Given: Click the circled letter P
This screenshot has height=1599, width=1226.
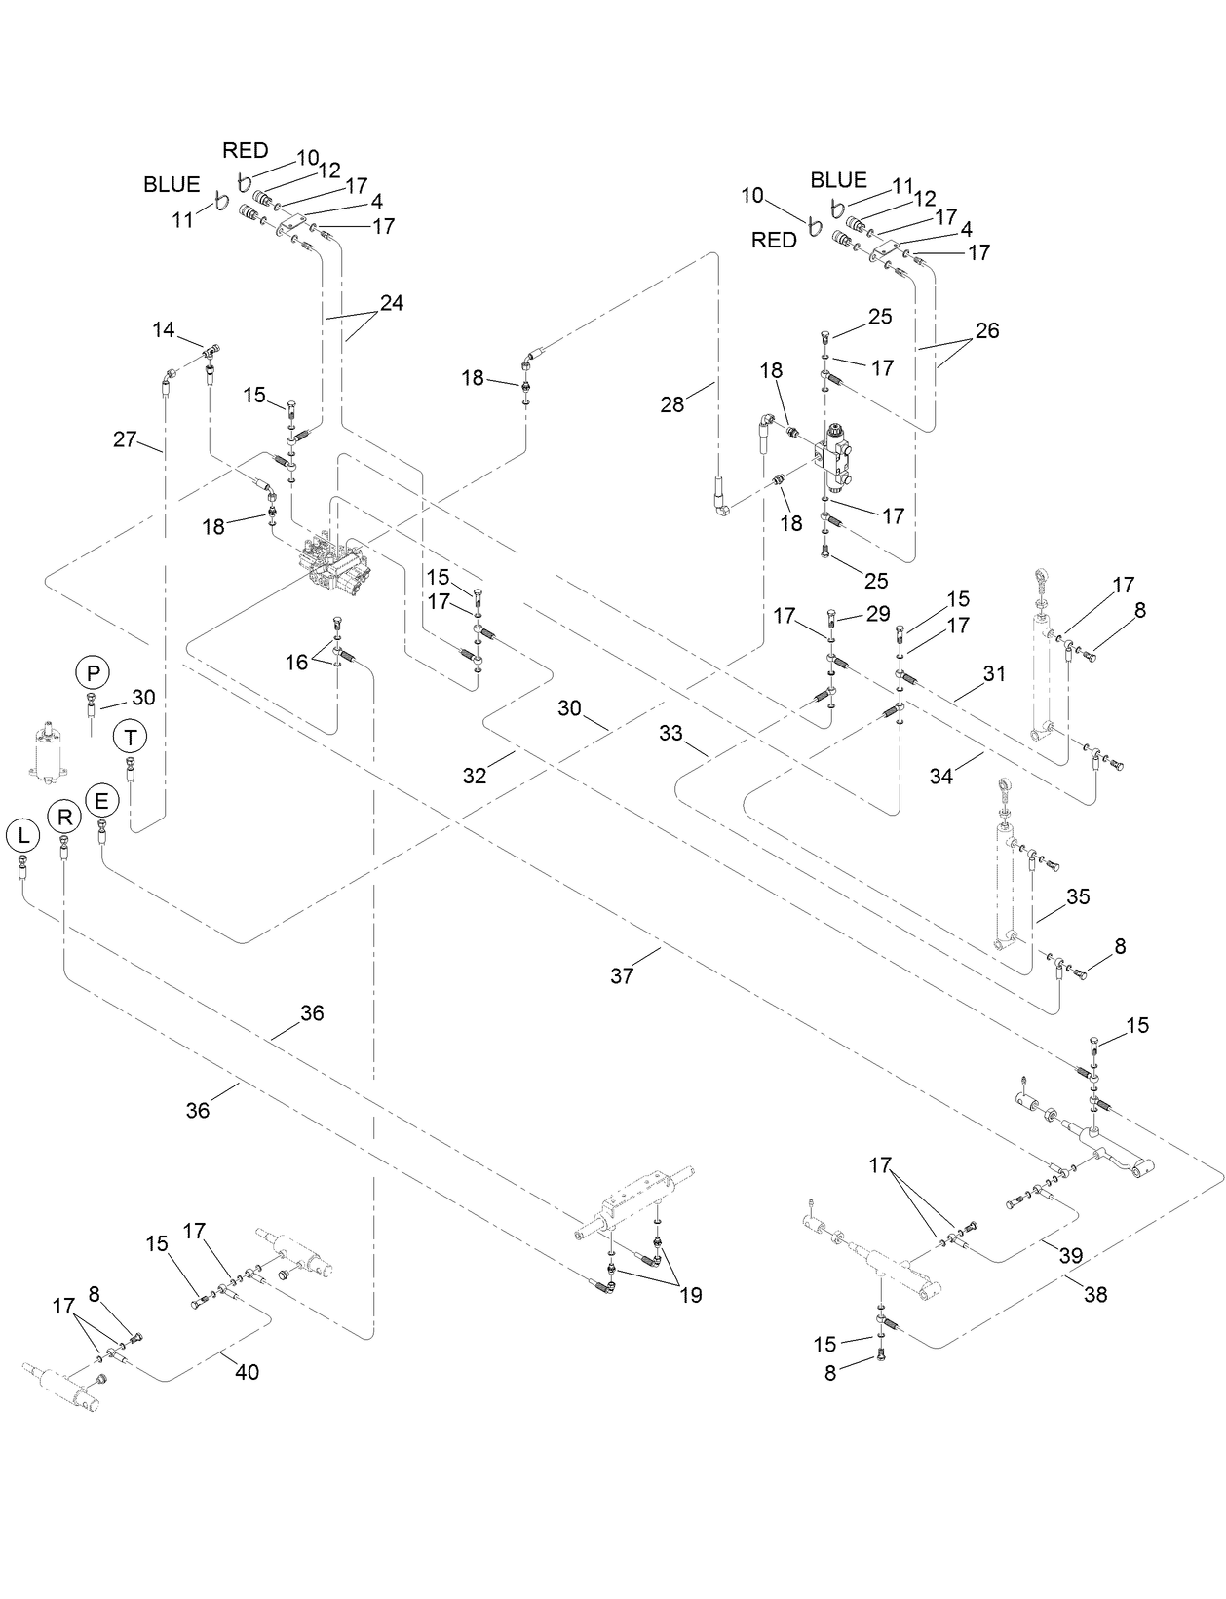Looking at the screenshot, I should click(x=94, y=672).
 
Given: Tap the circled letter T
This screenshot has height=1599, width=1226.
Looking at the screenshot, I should click(x=130, y=737).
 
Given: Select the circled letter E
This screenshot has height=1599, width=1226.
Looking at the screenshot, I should click(x=101, y=801).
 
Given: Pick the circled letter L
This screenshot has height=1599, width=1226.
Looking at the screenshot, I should click(x=22, y=834).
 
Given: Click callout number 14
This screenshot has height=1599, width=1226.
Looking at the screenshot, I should click(x=163, y=330).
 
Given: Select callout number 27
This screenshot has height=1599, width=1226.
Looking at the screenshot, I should click(x=125, y=439).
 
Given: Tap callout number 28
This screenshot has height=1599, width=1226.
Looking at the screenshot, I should click(x=672, y=403).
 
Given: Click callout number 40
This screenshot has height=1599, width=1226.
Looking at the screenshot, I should click(x=247, y=1372).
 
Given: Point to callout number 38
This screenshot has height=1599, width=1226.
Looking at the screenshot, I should click(x=1095, y=1295).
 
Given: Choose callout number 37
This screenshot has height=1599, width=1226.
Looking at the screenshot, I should click(x=622, y=974).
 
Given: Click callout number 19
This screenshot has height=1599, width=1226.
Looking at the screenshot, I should click(x=690, y=1295).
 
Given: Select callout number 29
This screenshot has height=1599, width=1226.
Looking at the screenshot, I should click(x=878, y=614).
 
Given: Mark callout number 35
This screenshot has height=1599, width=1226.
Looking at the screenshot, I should click(x=1077, y=896).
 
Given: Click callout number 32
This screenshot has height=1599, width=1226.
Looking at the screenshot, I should click(x=474, y=776).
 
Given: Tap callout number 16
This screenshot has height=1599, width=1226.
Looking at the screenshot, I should click(x=296, y=663).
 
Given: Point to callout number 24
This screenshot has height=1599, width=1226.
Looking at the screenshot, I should click(x=391, y=303).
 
